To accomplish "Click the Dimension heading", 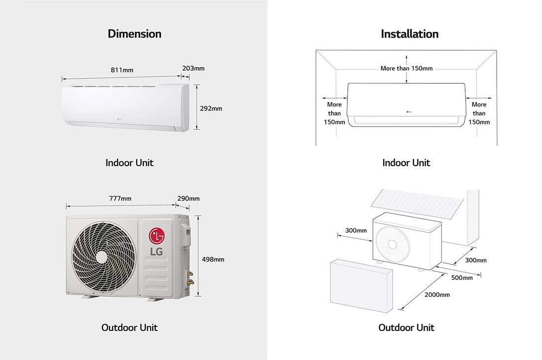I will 135,34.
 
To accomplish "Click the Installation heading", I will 409,34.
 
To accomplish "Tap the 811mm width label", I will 122,70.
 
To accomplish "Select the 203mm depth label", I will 193,68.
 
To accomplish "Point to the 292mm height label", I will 211,108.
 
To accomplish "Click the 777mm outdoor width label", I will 120,198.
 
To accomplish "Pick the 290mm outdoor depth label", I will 188,198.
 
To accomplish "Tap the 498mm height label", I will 213,259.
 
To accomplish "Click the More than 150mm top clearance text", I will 406,69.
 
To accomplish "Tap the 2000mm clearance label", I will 438,295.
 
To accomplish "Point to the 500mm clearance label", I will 462,278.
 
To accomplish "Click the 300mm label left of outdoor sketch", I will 356,230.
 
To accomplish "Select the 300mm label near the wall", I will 476,260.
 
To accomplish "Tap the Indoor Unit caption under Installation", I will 406,163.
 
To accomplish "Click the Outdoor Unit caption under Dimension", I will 130,327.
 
